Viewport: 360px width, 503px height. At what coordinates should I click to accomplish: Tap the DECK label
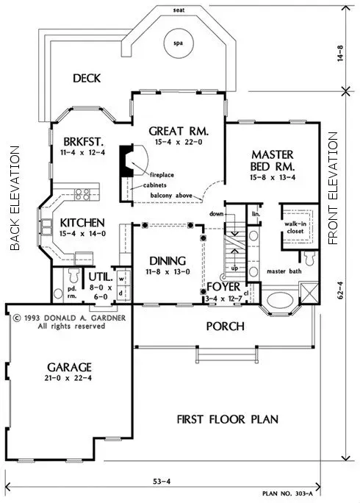pos(87,78)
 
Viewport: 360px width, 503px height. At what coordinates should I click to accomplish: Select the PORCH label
pos(226,324)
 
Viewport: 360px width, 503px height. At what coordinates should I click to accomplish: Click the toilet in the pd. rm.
pos(73,277)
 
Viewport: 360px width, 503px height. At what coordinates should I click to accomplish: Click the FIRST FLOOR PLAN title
pos(227,420)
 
